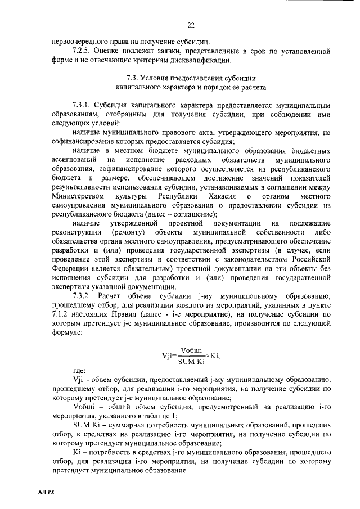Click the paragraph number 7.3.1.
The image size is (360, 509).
tap(82, 105)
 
